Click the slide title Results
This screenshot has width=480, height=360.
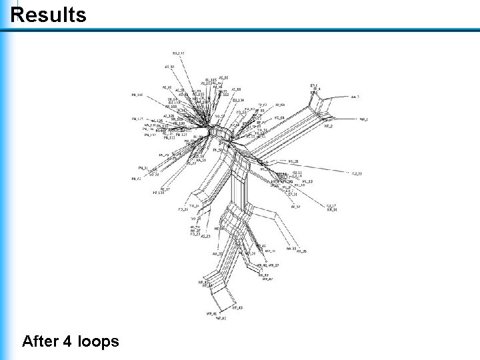click(49, 15)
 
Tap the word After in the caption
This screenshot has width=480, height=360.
click(41, 342)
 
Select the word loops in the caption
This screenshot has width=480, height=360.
click(99, 342)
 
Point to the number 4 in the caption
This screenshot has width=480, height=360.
click(69, 342)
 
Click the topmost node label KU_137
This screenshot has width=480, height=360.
click(179, 53)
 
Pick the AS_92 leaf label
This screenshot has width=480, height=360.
click(169, 67)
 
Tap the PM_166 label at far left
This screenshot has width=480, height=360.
click(137, 95)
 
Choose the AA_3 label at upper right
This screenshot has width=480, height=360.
click(355, 97)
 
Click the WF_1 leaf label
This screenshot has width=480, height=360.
click(363, 119)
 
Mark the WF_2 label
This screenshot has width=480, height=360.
click(328, 126)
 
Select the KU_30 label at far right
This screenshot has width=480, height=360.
click(357, 174)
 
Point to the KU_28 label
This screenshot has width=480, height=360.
click(293, 161)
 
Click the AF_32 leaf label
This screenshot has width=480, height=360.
click(296, 207)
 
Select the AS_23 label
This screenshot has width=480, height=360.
click(205, 237)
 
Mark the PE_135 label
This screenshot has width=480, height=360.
click(158, 193)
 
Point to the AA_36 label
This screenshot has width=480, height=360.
click(301, 251)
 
